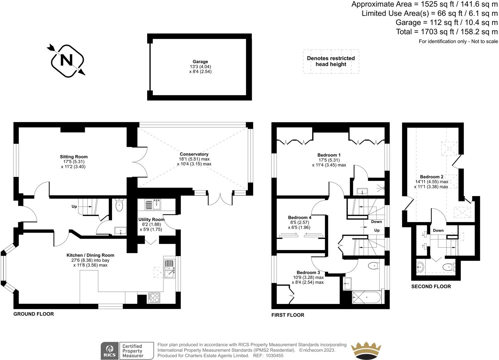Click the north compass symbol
coord(67,60)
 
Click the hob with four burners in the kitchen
coord(154,297)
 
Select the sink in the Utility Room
coord(153,204)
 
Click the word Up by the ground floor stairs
coord(74,207)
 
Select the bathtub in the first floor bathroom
coord(366,296)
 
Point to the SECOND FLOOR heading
coord(431,286)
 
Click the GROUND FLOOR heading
coord(33,314)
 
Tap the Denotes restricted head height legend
coord(331,61)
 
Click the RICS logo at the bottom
coord(110,351)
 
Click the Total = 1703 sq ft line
coord(447,32)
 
